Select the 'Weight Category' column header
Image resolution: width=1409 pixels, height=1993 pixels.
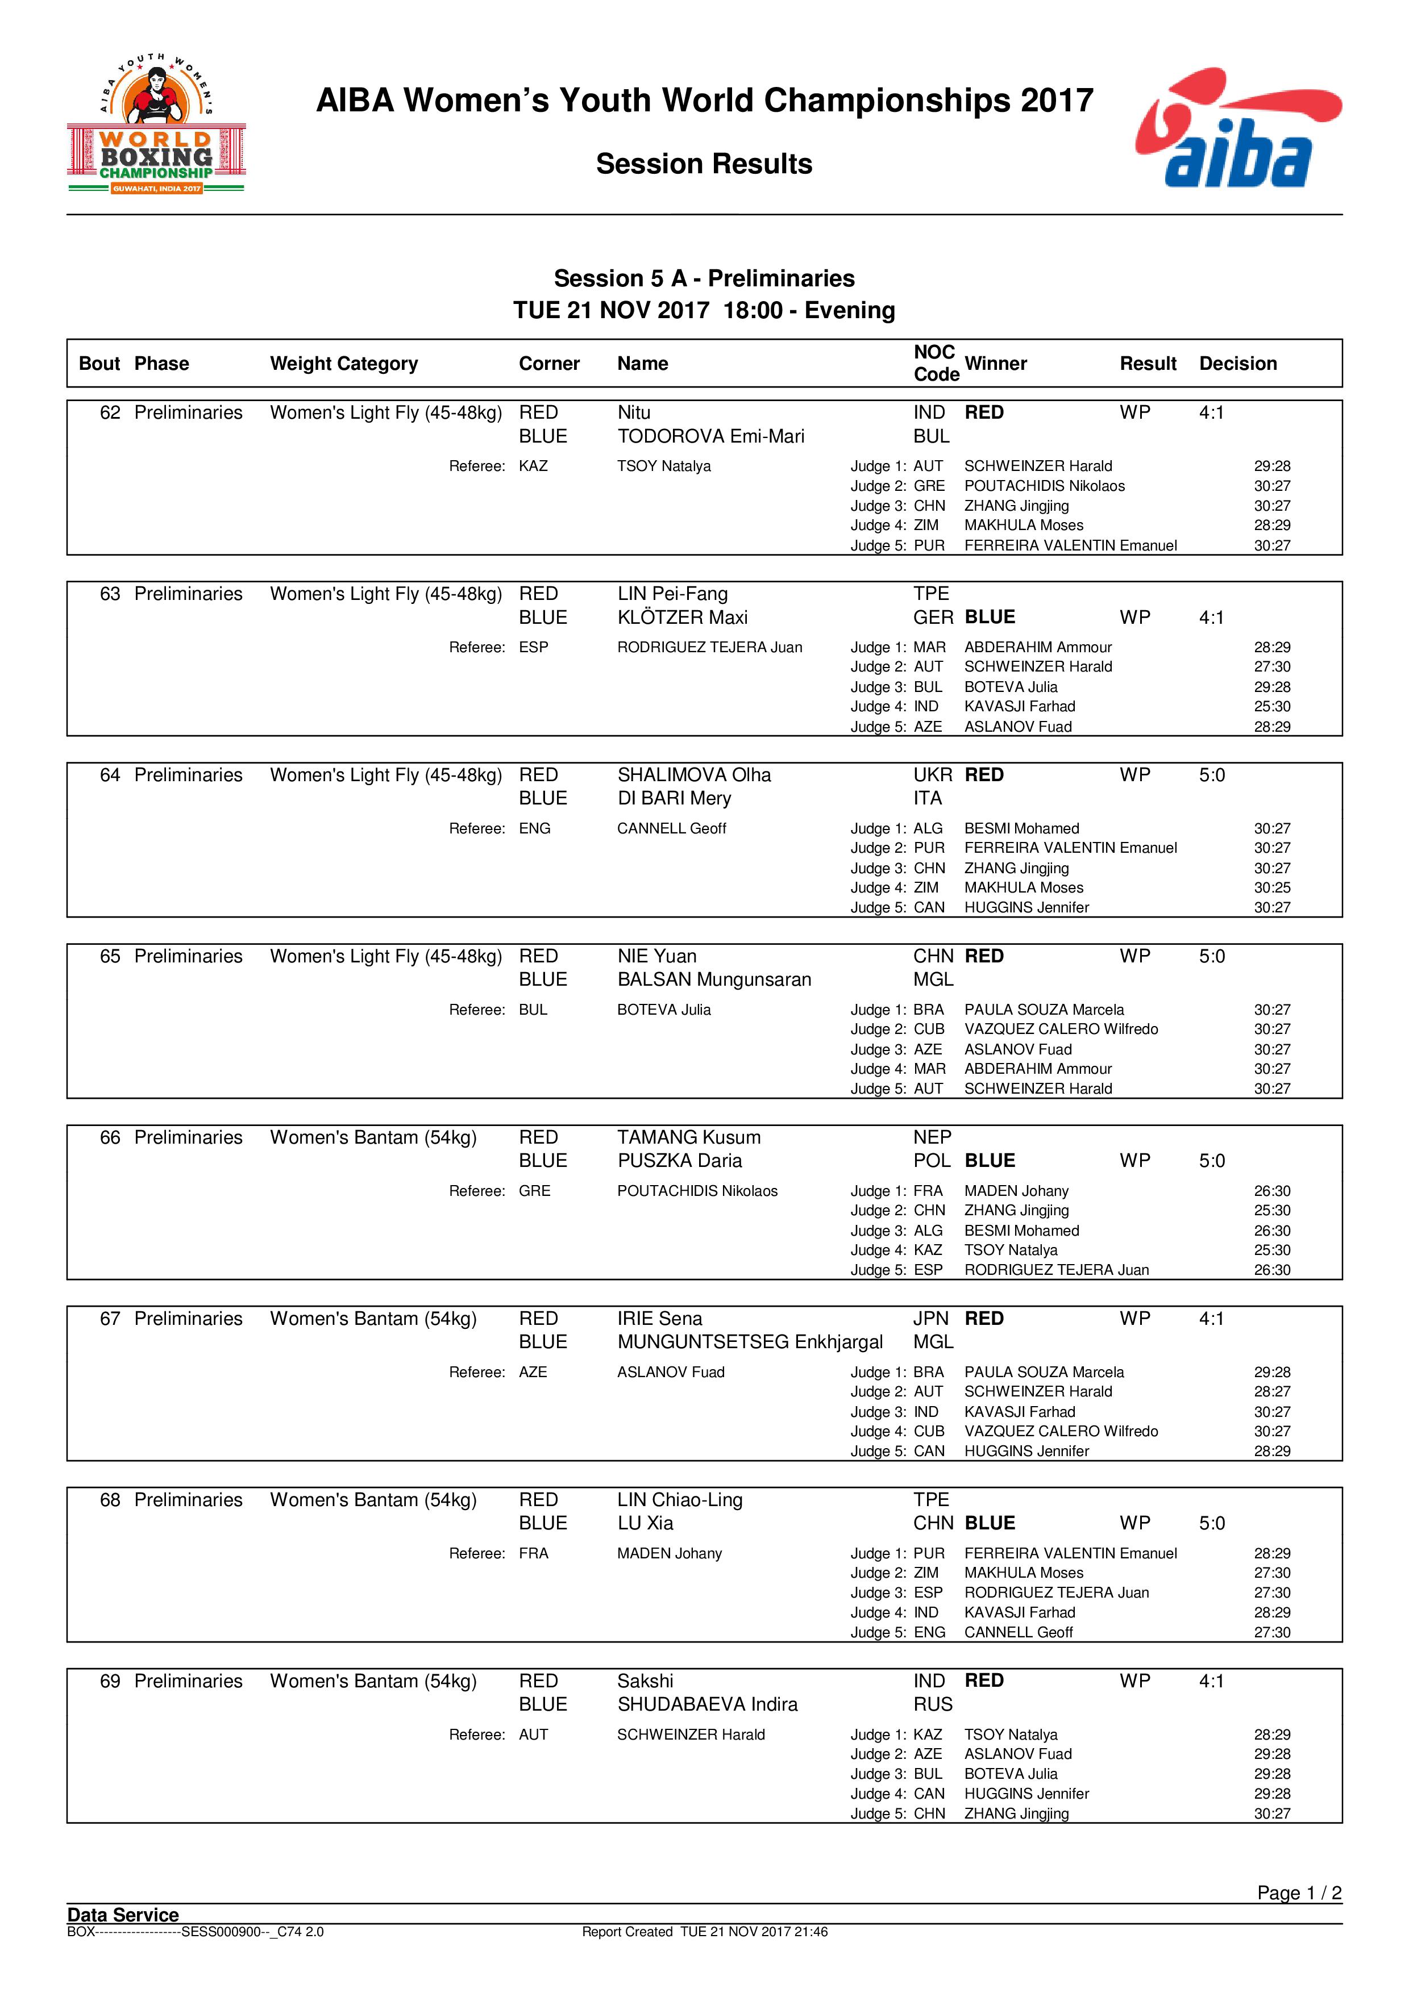(x=344, y=364)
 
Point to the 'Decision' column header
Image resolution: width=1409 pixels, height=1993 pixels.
(x=1237, y=364)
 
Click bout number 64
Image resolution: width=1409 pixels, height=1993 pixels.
(x=110, y=775)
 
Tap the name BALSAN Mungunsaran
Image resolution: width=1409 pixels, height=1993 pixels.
(x=714, y=980)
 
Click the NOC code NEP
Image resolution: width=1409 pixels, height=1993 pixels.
(x=932, y=1138)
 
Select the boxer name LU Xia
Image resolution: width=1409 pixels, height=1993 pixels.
(x=645, y=1523)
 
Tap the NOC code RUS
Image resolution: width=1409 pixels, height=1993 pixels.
(x=932, y=1705)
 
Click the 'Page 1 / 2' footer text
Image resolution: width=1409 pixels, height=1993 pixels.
(x=1299, y=1893)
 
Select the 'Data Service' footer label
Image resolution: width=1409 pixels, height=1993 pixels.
(x=123, y=1915)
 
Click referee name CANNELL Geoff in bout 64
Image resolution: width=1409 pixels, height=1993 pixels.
(x=671, y=829)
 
